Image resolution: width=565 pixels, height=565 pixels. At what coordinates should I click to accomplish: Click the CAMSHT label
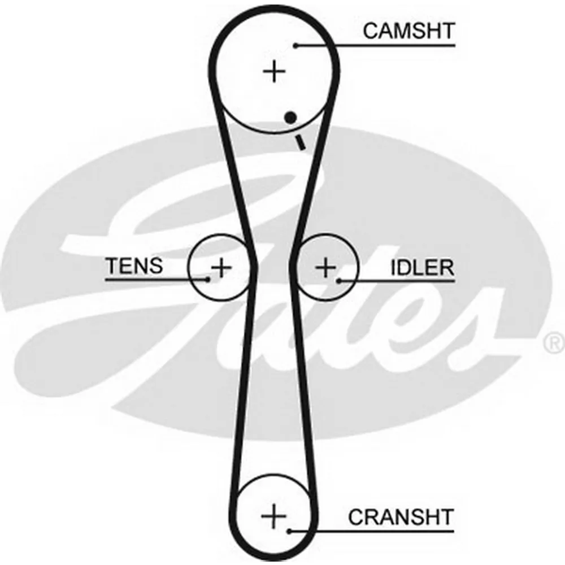pos(408,31)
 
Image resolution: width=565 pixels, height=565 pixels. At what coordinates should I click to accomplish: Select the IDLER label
pos(423,267)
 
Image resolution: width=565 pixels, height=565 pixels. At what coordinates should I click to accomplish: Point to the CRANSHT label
pos(401,516)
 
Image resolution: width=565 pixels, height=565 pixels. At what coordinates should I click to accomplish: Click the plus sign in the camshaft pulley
pos(275,72)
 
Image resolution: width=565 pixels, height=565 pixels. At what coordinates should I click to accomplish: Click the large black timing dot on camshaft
pos(291,118)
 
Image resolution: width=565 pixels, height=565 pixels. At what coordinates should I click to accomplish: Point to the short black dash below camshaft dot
pos(300,142)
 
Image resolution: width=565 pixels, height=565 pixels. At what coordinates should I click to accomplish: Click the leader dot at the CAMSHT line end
pos(295,45)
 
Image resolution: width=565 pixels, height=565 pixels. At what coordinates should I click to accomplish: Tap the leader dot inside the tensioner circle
pos(208,279)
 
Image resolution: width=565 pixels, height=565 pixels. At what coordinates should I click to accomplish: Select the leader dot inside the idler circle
pos(338,280)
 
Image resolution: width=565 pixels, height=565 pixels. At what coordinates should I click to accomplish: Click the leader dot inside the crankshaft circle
pos(289,531)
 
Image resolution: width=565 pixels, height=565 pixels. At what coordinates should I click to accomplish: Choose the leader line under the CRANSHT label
pos(384,531)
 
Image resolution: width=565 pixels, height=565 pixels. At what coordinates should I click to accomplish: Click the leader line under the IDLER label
pos(407,280)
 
